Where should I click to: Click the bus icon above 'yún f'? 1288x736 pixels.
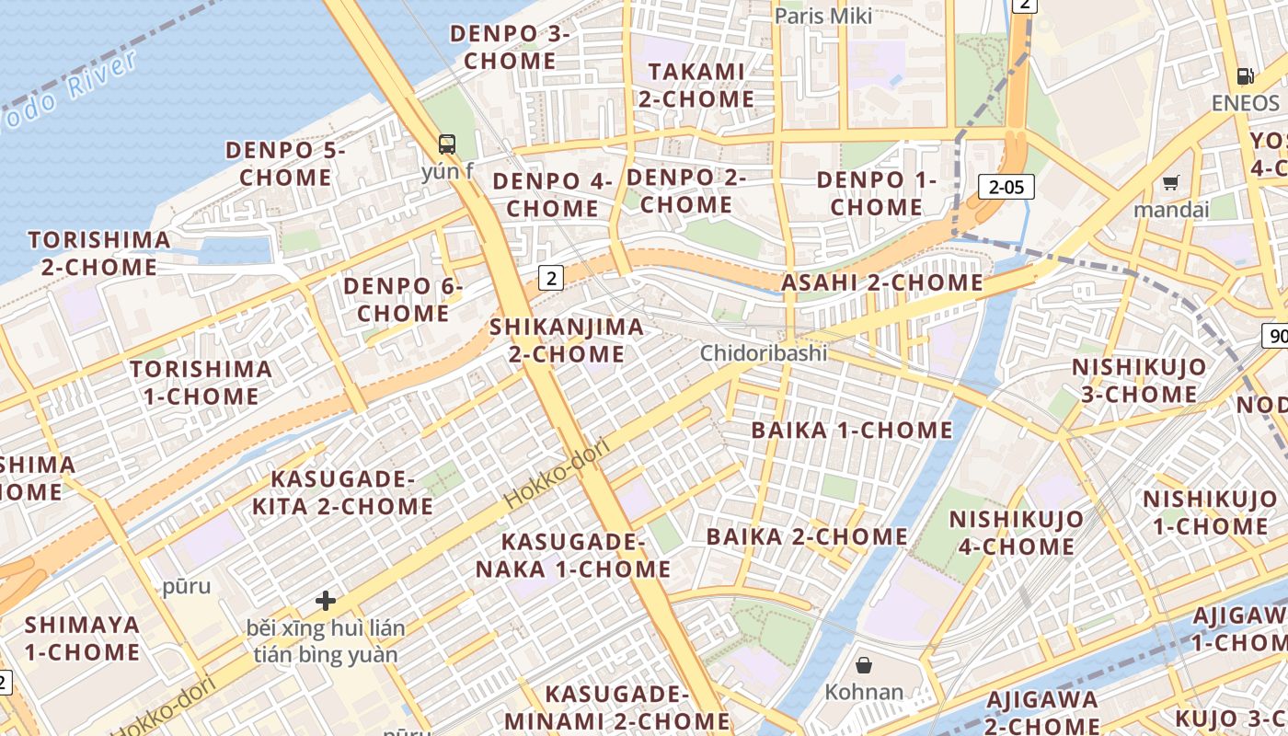pyautogui.click(x=447, y=144)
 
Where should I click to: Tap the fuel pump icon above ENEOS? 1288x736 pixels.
pyautogui.click(x=1245, y=76)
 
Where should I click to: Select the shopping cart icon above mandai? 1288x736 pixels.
pyautogui.click(x=1170, y=182)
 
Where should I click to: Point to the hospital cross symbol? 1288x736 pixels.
pyautogui.click(x=325, y=601)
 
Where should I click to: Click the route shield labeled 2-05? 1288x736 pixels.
pyautogui.click(x=1006, y=187)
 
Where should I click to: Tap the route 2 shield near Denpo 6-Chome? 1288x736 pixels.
pyautogui.click(x=550, y=278)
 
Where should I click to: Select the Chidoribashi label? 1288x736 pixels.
pyautogui.click(x=764, y=353)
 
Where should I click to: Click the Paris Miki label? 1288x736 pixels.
pyautogui.click(x=822, y=16)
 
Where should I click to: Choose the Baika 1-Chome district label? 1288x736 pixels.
pyautogui.click(x=852, y=430)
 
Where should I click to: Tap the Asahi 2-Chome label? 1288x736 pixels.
pyautogui.click(x=882, y=282)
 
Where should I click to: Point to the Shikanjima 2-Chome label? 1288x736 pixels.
pyautogui.click(x=567, y=340)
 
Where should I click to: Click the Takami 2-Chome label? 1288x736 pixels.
pyautogui.click(x=696, y=85)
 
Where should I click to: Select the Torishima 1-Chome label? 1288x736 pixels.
pyautogui.click(x=201, y=383)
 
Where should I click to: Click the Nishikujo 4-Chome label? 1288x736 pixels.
pyautogui.click(x=1016, y=533)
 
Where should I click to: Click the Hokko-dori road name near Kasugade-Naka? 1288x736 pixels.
pyautogui.click(x=557, y=475)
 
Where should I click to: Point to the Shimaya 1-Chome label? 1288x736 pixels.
pyautogui.click(x=82, y=638)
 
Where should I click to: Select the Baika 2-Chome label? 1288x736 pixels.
pyautogui.click(x=807, y=536)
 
